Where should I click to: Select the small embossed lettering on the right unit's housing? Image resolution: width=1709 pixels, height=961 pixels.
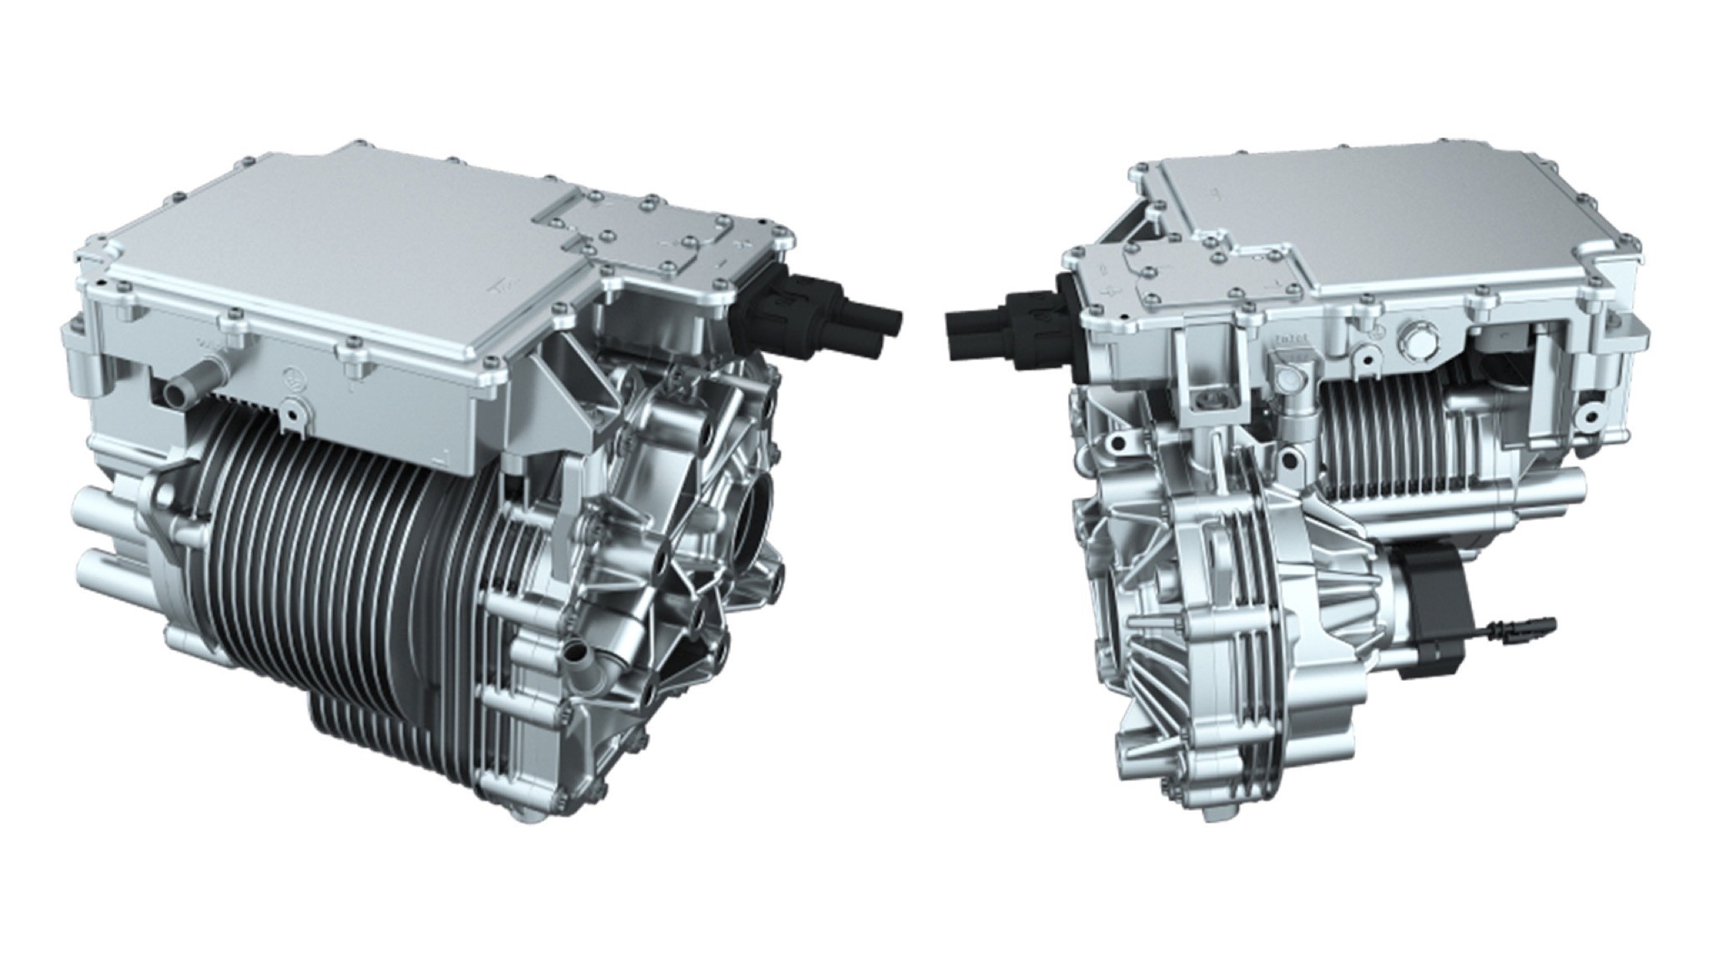(x=1290, y=340)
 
